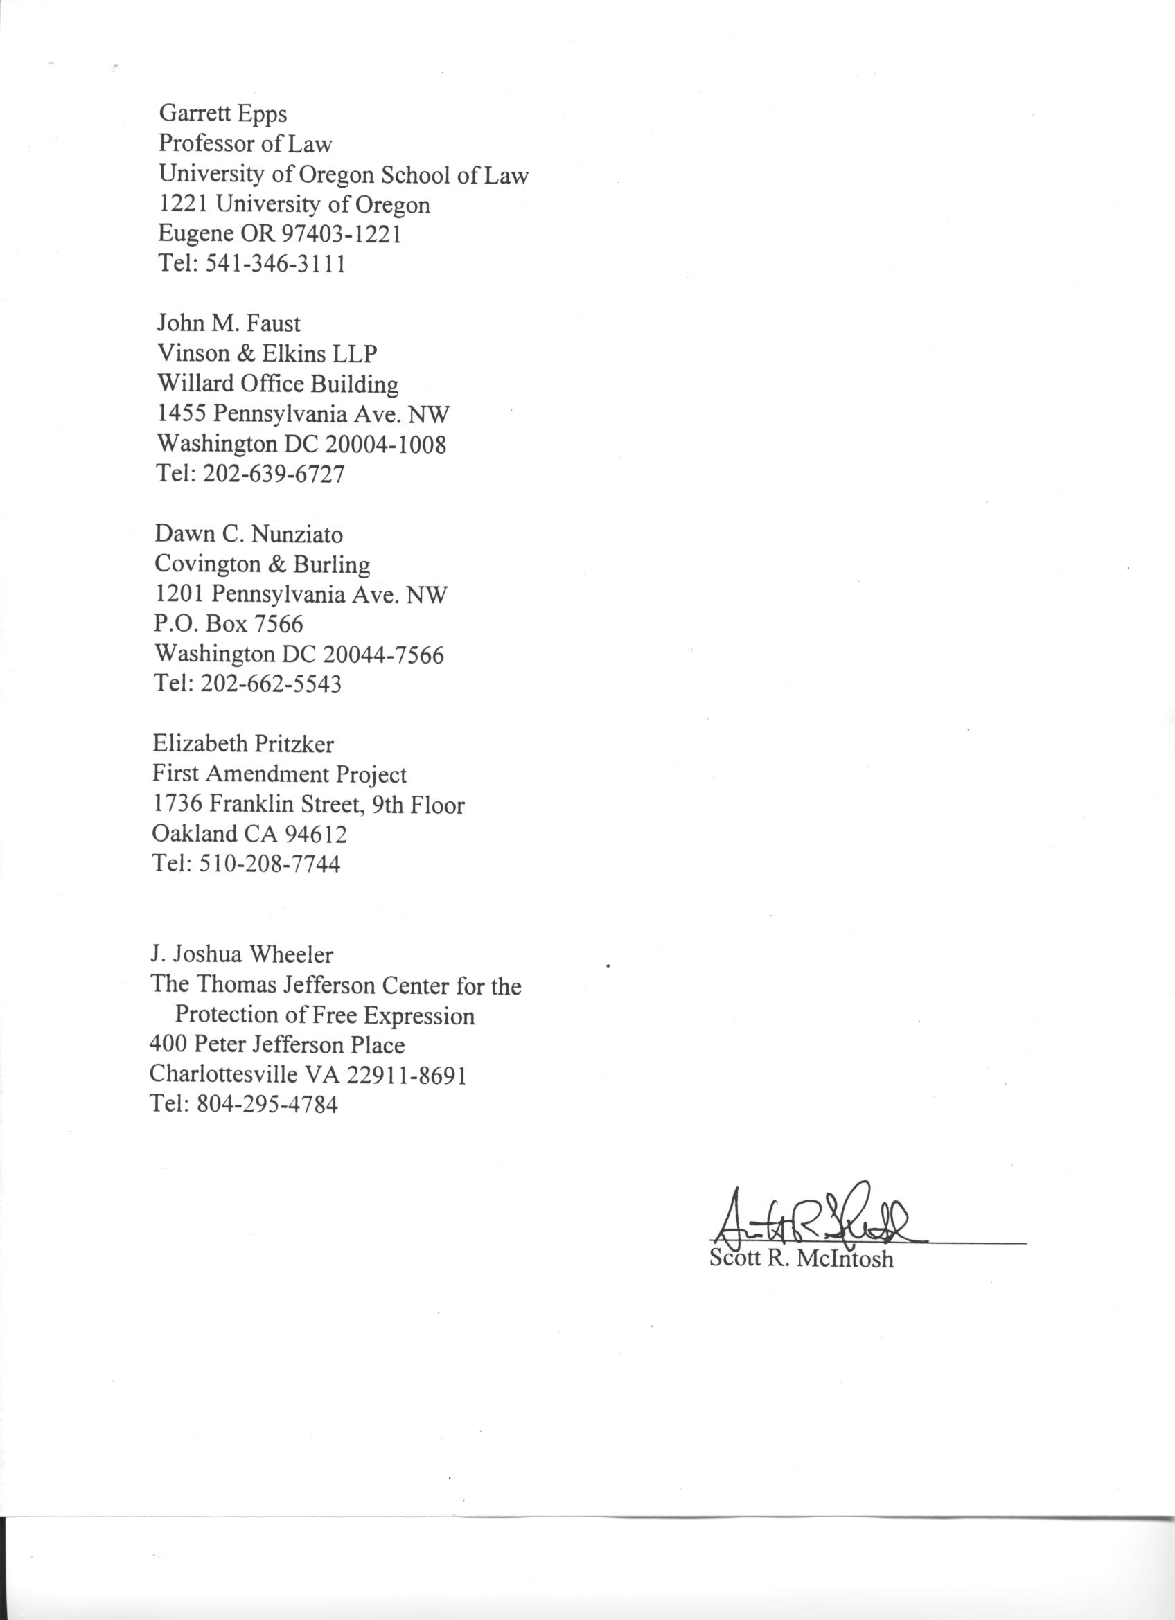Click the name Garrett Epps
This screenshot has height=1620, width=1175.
point(223,114)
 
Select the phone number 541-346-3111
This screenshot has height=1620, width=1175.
point(276,265)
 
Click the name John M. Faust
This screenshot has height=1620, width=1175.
point(229,323)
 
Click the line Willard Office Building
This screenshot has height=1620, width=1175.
point(278,384)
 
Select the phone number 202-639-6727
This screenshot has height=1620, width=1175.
point(274,474)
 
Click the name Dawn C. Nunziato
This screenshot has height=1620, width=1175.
point(249,534)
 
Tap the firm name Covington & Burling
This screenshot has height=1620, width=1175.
point(262,564)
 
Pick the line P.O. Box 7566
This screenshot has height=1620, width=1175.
point(229,624)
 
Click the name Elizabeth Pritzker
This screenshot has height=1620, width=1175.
point(243,745)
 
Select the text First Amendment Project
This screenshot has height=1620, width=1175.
point(279,774)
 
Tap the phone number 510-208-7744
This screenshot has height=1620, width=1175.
point(271,864)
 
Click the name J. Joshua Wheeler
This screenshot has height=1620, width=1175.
point(241,954)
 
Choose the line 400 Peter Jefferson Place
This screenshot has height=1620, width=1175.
point(276,1045)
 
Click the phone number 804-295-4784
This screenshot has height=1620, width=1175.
point(268,1104)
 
